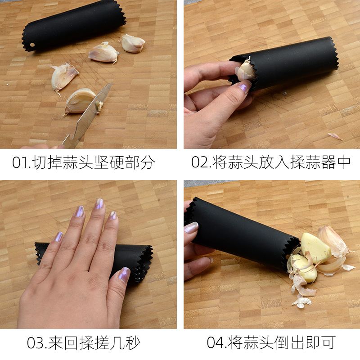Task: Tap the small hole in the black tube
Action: pyautogui.click(x=32, y=45)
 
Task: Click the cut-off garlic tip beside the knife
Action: pyautogui.click(x=99, y=107)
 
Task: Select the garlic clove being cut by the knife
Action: pyautogui.click(x=80, y=101)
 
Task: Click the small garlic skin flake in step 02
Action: pyautogui.click(x=335, y=136)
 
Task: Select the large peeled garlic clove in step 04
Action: pyautogui.click(x=316, y=248)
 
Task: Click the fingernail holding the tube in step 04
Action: pyautogui.click(x=191, y=228)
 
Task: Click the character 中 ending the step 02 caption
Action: pyautogui.click(x=344, y=162)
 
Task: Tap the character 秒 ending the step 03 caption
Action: pyautogui.click(x=133, y=343)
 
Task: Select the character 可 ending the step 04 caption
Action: pyautogui.click(x=328, y=342)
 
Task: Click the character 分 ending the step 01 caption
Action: pyautogui.click(x=147, y=162)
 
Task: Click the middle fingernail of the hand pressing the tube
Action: pyautogui.click(x=99, y=204)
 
